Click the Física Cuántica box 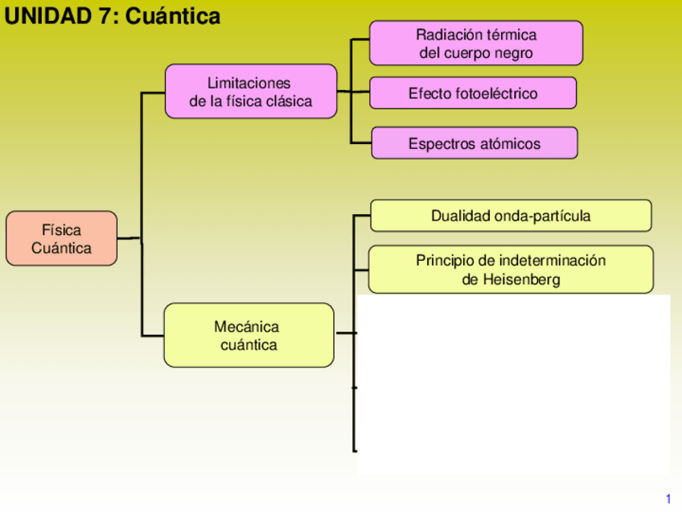[61, 239]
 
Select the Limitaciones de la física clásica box [250, 92]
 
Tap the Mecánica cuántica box [249, 335]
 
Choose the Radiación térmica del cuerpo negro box [475, 43]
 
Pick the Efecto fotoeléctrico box [473, 93]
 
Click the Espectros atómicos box [474, 143]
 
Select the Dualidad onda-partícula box [511, 216]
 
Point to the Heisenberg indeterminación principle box [511, 270]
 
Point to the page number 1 [668, 499]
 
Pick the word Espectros [441, 144]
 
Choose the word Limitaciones [249, 83]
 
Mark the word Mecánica [246, 326]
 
